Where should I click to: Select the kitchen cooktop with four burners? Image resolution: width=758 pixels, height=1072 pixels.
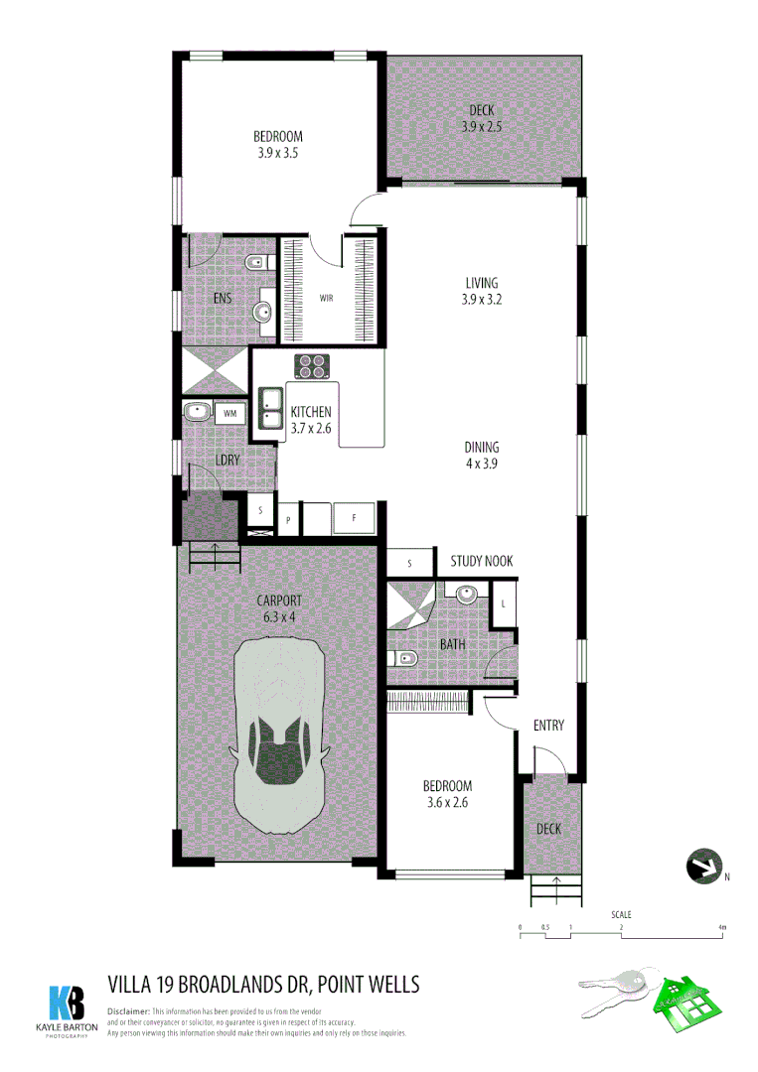coord(312,366)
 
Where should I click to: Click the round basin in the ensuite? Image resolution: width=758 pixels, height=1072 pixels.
coord(263,312)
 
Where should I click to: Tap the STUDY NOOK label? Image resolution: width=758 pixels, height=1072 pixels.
coord(482,562)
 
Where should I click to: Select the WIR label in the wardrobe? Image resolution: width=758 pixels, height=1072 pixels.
coord(326,298)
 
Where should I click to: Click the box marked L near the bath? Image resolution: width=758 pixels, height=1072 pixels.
coord(504,603)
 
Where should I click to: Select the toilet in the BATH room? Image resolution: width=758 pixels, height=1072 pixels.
coord(403,659)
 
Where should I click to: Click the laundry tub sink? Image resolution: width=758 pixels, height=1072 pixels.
coord(196,411)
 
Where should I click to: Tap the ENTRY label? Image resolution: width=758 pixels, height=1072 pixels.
coord(548,726)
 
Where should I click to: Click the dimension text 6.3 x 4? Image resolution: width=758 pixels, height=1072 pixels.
coord(278,616)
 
